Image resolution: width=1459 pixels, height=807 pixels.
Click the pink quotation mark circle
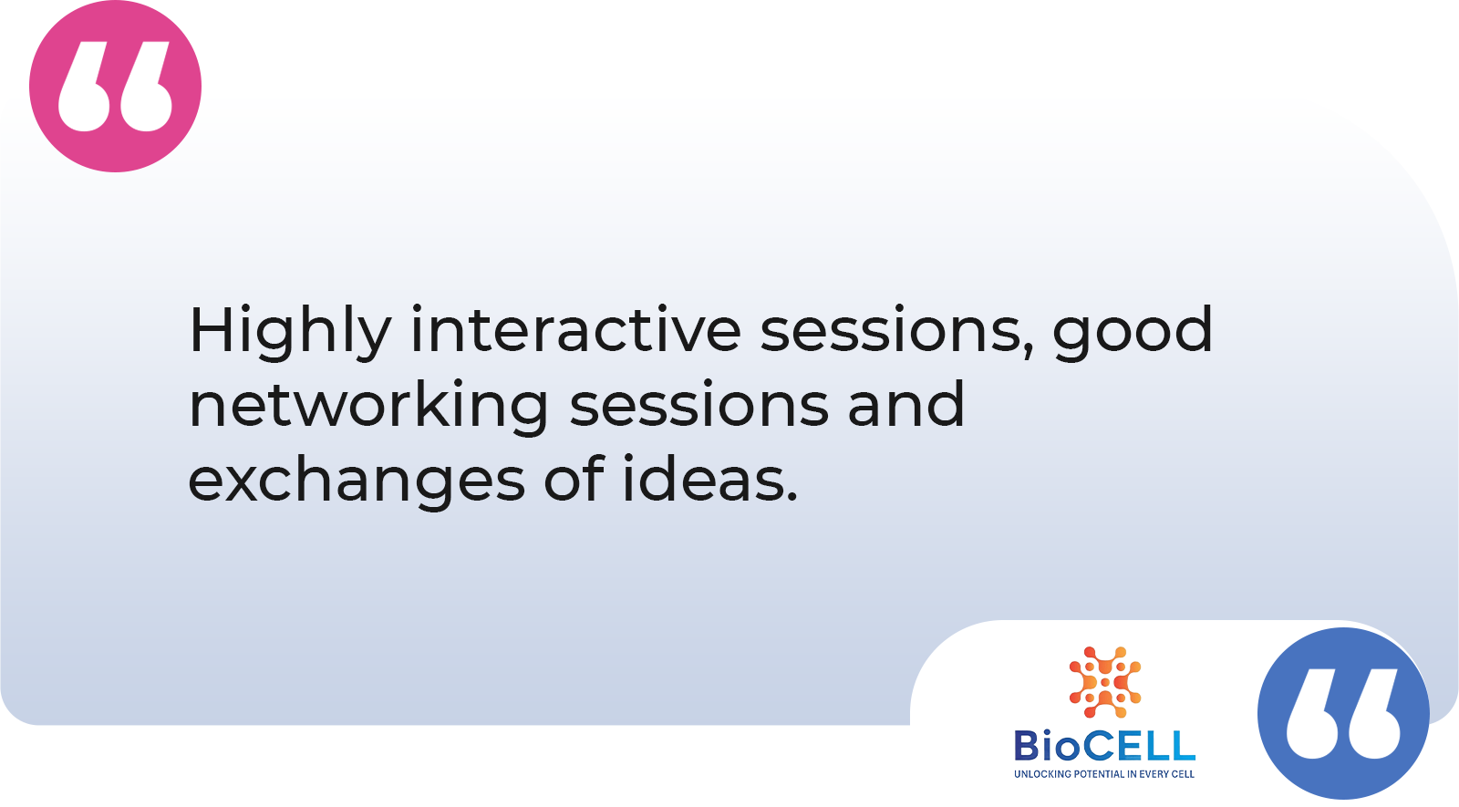(115, 86)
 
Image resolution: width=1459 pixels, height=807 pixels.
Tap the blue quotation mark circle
(1343, 713)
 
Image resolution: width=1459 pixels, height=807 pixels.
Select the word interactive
(575, 329)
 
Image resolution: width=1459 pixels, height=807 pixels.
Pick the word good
(1133, 333)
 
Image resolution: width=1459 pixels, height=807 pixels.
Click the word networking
(368, 408)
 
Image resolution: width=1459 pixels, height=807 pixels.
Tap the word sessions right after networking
(698, 407)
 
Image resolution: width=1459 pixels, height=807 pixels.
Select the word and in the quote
(906, 403)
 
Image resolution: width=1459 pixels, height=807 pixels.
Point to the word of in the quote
(574, 478)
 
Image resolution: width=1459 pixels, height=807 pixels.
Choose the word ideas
(703, 478)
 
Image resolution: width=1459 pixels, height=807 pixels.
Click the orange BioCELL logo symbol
(1104, 682)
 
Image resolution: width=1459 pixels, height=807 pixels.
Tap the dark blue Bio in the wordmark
(1049, 746)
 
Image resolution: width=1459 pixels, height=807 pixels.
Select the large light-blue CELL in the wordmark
(1141, 746)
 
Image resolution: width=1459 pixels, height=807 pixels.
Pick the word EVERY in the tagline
(1156, 774)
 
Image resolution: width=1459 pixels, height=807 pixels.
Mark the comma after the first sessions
(1030, 352)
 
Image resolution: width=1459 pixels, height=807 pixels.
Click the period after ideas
(792, 497)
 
